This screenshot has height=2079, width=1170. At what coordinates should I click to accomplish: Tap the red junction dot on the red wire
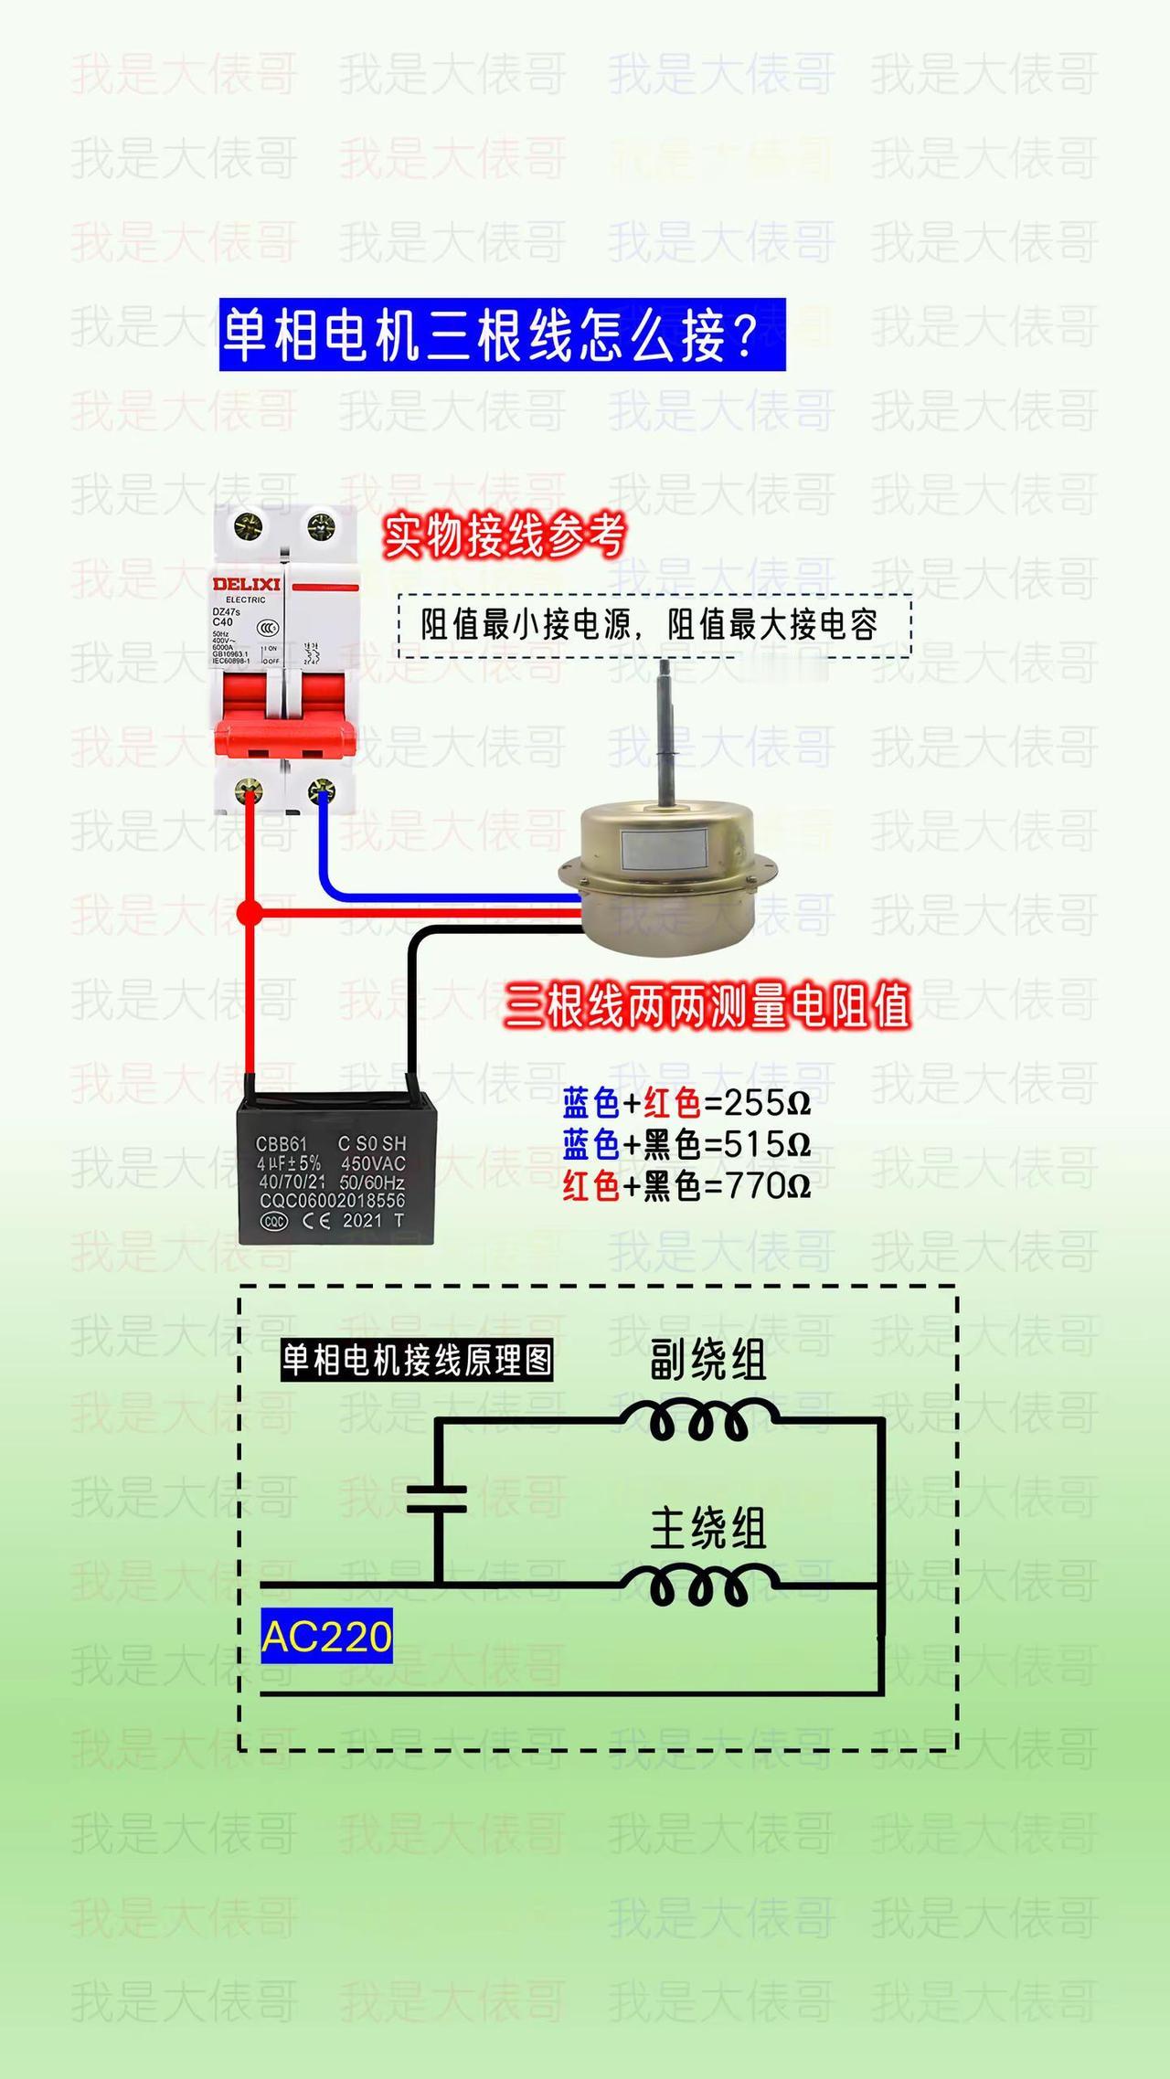click(250, 912)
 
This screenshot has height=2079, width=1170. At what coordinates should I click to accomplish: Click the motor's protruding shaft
click(666, 731)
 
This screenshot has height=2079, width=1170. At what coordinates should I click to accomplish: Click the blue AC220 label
click(326, 1635)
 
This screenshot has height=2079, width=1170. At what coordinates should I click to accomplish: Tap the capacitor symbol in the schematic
click(437, 1500)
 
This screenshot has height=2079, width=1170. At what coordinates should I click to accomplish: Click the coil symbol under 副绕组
click(699, 1422)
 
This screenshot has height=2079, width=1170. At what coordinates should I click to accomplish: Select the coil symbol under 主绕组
click(699, 1586)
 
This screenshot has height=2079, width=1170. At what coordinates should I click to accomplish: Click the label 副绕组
click(707, 1361)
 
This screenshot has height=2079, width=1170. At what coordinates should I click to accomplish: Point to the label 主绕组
click(707, 1529)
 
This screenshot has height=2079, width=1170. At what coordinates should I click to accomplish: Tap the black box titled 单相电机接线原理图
click(417, 1361)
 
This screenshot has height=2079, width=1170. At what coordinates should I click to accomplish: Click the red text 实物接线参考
click(505, 536)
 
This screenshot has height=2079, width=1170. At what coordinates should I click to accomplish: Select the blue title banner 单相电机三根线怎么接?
click(502, 334)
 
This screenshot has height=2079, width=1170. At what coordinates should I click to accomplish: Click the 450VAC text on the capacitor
click(373, 1163)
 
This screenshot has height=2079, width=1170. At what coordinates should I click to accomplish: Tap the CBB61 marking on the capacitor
click(280, 1143)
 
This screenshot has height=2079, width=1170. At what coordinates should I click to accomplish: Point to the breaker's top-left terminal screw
click(249, 526)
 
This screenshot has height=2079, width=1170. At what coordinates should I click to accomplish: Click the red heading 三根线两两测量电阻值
click(707, 1006)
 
